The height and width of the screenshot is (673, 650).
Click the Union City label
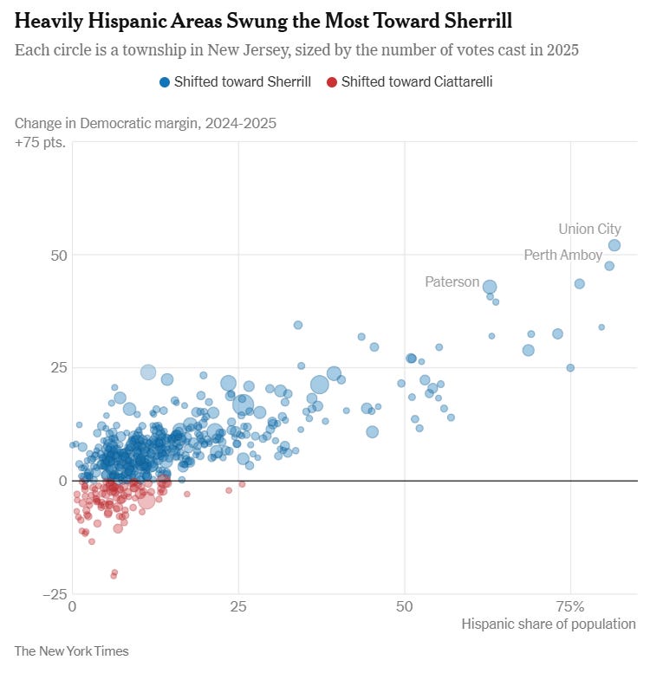589,230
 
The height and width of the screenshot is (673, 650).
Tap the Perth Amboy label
562,255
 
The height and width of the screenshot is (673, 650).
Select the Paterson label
452,281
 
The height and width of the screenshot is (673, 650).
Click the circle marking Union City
614,245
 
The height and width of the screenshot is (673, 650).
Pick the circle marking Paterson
490,287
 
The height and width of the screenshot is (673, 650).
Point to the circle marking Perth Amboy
609,266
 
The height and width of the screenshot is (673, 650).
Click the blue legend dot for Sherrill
164,82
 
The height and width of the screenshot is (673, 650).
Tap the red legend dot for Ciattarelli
332,82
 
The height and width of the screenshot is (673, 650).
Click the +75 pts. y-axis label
40,142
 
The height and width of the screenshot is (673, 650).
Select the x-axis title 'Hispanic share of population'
549,624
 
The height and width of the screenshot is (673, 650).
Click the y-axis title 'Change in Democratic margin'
145,123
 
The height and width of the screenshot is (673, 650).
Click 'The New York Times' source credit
71,650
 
